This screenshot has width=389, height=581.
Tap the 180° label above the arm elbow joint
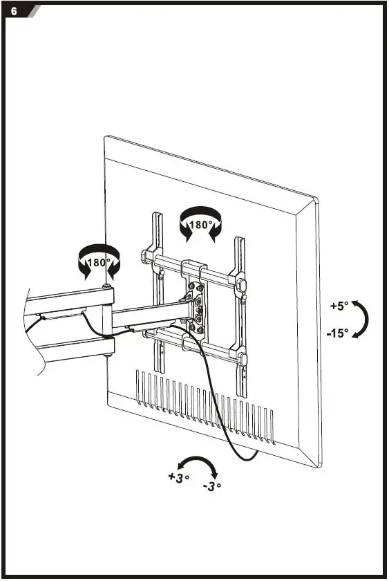[x=99, y=263]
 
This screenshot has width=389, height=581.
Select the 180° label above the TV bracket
[x=202, y=225]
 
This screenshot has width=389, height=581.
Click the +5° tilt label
[x=339, y=305]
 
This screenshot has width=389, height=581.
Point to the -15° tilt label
[x=338, y=333]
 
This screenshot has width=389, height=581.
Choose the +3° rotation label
[x=178, y=478]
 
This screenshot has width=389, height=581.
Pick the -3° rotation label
[x=212, y=486]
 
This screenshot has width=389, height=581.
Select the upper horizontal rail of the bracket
[x=193, y=271]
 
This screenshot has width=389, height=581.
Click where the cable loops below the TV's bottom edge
[x=242, y=456]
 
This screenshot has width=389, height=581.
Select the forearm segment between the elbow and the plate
[x=145, y=317]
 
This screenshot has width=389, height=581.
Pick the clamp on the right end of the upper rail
[x=241, y=285]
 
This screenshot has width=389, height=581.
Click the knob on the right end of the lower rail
[x=242, y=358]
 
